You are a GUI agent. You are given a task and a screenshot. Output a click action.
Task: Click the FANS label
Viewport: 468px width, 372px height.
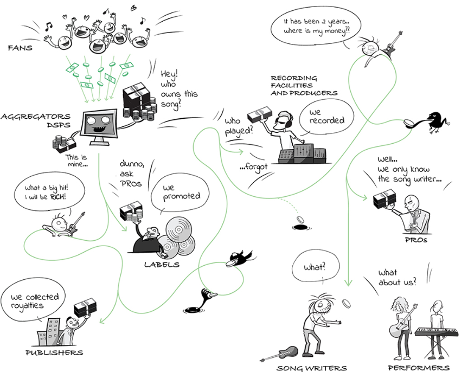coord(20,48)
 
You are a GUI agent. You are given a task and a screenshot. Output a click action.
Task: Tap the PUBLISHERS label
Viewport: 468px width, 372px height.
coord(54,352)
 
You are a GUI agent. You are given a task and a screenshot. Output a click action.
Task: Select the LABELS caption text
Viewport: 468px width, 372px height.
coord(162,265)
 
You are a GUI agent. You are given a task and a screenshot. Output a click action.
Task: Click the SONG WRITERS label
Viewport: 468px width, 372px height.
coord(312,368)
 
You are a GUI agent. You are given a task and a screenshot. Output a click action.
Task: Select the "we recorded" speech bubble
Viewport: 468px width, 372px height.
coord(324,116)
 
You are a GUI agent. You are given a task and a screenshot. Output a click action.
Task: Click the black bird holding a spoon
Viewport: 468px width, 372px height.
coord(434,120)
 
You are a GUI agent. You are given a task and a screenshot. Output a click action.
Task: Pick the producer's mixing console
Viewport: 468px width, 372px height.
coord(302,155)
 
